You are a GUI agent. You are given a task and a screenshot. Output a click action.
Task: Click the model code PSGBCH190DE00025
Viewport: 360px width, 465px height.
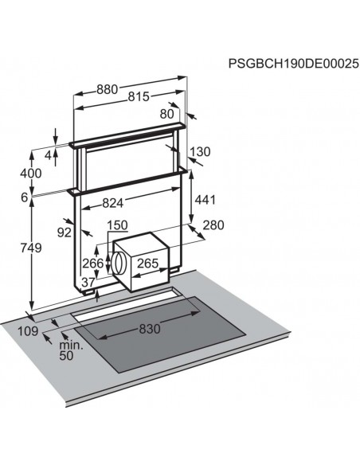coord(293,64)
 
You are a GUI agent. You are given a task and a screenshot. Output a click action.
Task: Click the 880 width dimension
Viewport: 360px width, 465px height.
coord(108,89)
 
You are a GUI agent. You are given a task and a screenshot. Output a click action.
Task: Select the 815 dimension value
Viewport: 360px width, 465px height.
coord(139,96)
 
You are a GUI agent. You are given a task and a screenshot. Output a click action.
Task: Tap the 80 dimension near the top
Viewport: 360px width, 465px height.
coord(166,114)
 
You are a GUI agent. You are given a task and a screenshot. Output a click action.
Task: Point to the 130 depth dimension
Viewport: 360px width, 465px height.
coord(200,152)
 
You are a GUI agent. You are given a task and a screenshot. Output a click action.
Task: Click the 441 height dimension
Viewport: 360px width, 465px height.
coord(205,200)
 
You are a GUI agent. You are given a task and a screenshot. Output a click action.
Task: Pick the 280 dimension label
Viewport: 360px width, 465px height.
coord(213,225)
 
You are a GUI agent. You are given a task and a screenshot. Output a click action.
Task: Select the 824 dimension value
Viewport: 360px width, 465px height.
coord(112,203)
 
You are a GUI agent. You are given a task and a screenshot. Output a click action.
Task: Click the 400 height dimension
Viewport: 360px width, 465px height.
coord(31,174)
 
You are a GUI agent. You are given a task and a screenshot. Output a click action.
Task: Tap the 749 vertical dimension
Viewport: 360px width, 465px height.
coord(31,248)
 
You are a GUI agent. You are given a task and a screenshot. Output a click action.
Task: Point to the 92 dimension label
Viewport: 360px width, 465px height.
coord(65,232)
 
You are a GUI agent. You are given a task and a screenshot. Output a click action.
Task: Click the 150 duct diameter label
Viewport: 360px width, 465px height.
coord(117,225)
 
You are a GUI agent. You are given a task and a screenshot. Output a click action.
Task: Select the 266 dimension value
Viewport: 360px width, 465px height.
coord(93,264)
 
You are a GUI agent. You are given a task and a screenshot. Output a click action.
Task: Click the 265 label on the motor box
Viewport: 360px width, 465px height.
coord(147,263)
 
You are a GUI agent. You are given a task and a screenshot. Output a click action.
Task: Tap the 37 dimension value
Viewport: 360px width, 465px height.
coord(88,283)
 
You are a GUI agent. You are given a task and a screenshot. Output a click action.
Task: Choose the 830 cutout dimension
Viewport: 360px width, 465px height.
coord(150,329)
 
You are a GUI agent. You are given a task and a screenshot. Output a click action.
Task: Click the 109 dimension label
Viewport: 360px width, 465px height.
coord(28,331)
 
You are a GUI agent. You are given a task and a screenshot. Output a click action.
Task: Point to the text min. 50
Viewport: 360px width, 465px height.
coord(71,350)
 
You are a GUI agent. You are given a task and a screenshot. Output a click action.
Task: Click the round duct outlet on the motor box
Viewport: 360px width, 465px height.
coord(118,263)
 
